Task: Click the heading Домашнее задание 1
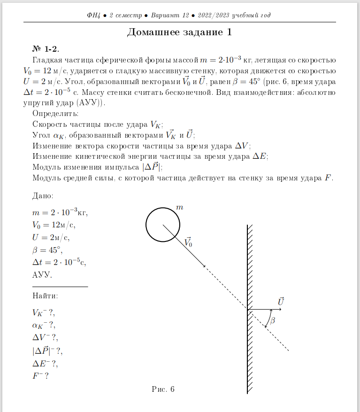[x=180, y=32]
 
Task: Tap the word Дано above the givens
[x=42, y=195]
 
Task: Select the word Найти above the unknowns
[x=45, y=296]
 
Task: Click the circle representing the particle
[x=163, y=224]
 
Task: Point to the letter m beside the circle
[x=179, y=207]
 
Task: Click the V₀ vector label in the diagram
[x=188, y=242]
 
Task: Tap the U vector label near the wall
[x=281, y=301]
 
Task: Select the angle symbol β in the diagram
[x=273, y=320]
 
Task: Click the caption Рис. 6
[x=163, y=389]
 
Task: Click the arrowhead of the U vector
[x=273, y=310]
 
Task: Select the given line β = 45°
[x=47, y=249]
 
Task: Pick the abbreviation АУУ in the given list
[x=42, y=275]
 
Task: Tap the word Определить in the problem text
[x=55, y=114]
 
